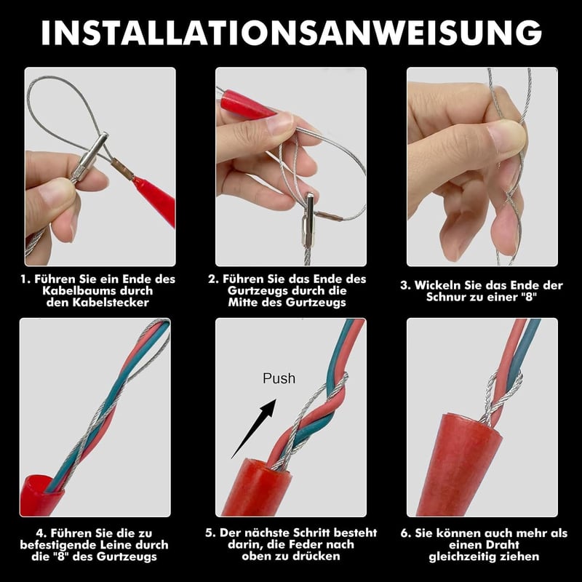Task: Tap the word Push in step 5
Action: tap(279, 378)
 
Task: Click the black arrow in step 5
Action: tap(254, 428)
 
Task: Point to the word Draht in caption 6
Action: tap(501, 545)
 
